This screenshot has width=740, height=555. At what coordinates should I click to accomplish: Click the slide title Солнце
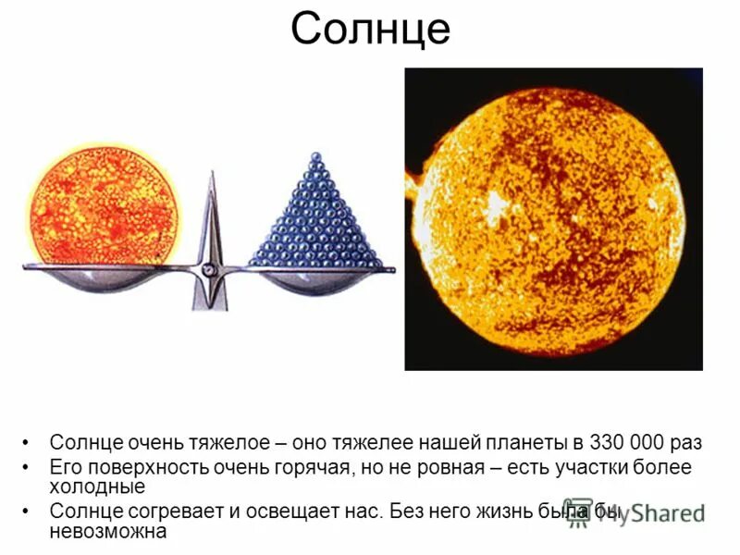click(x=370, y=30)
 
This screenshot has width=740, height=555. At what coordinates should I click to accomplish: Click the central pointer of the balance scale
click(x=210, y=222)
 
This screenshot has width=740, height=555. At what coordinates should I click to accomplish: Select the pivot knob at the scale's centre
click(x=210, y=269)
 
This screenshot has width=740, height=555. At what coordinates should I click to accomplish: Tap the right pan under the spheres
click(x=316, y=279)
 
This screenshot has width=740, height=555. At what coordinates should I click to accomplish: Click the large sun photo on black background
click(x=553, y=220)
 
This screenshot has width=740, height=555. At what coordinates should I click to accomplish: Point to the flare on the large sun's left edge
click(x=413, y=185)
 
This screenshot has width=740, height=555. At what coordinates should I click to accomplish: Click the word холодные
click(x=97, y=487)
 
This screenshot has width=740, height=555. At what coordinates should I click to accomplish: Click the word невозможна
click(x=108, y=532)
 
